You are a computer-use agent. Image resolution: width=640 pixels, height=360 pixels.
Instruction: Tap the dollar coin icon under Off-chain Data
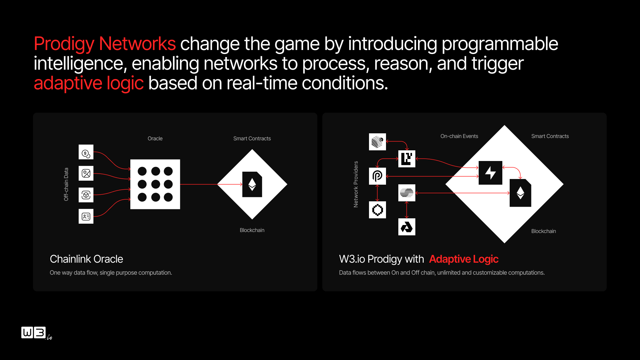click(x=86, y=152)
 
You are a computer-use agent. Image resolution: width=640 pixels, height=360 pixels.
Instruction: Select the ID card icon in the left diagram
click(x=86, y=216)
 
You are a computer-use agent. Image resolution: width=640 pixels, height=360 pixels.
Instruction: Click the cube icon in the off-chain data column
click(x=86, y=195)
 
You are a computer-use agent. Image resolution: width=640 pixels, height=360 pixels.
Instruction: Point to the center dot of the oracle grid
click(x=155, y=184)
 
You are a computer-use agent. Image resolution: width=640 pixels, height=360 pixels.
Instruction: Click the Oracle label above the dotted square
click(x=155, y=139)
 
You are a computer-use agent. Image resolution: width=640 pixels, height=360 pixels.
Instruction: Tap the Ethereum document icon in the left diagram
click(x=252, y=184)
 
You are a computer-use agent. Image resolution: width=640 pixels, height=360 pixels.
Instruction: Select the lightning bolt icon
click(x=490, y=173)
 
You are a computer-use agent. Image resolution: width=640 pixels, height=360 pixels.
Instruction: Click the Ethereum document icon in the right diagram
click(x=520, y=193)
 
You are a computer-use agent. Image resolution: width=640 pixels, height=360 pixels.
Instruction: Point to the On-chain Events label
click(x=459, y=136)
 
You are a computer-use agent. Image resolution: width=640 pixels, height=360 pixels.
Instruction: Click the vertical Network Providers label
click(x=356, y=184)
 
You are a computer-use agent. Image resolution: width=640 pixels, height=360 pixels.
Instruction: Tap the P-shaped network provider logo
click(x=377, y=176)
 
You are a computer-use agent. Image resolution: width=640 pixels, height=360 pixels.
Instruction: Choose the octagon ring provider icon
click(x=377, y=210)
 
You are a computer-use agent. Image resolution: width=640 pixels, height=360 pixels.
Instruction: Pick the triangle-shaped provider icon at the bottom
click(x=407, y=227)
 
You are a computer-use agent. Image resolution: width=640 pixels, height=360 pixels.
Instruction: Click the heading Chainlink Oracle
click(x=86, y=259)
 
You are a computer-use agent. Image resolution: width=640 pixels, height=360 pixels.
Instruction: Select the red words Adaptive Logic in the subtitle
click(x=464, y=259)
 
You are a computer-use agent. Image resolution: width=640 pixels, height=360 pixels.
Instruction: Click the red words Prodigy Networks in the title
click(x=105, y=44)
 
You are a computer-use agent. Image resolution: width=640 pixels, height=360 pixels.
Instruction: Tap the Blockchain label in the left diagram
click(x=252, y=230)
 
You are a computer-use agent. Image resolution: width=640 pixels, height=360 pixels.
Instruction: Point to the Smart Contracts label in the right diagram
click(x=550, y=136)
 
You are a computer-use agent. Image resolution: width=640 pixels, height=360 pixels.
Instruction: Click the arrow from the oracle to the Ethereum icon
click(x=211, y=184)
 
